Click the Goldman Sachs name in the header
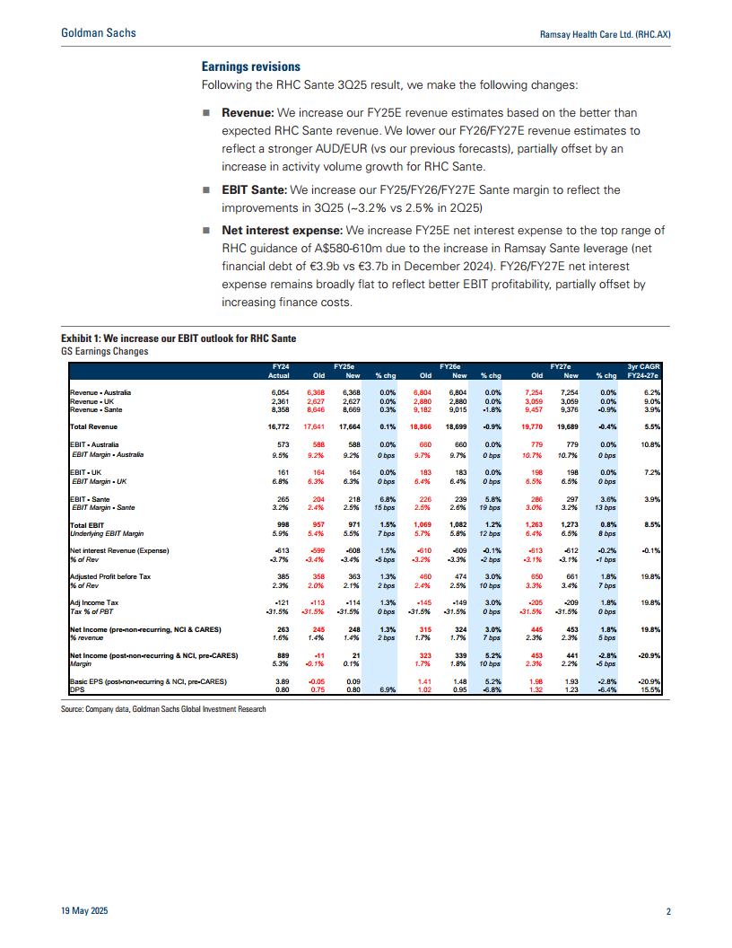click(x=98, y=33)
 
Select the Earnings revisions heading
click(x=250, y=67)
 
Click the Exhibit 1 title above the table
click(x=172, y=338)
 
